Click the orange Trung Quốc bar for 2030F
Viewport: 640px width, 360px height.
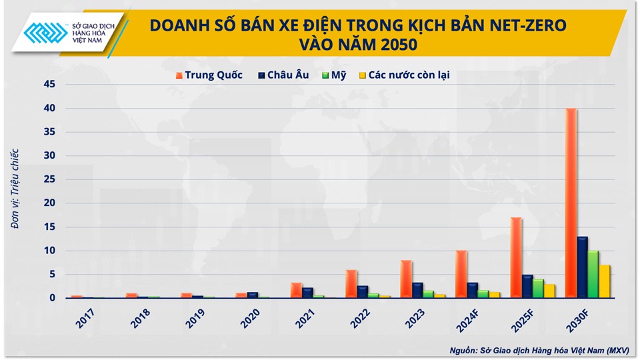pyautogui.click(x=571, y=203)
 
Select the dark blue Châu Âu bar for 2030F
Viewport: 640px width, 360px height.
pyautogui.click(x=582, y=267)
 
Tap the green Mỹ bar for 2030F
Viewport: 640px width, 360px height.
pyautogui.click(x=593, y=275)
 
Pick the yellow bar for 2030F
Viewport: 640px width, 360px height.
pyautogui.click(x=605, y=281)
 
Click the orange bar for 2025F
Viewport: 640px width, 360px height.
pyautogui.click(x=516, y=257)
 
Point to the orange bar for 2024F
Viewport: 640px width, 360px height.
pyautogui.click(x=461, y=274)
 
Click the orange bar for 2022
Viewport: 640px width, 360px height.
pyautogui.click(x=351, y=284)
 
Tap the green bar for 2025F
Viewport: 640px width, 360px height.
pyautogui.click(x=539, y=289)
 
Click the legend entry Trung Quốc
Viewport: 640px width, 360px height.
pyautogui.click(x=209, y=75)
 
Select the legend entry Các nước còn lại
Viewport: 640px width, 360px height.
pyautogui.click(x=404, y=75)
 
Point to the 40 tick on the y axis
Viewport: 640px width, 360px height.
pyautogui.click(x=50, y=108)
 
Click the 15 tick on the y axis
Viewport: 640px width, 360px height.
pyautogui.click(x=50, y=227)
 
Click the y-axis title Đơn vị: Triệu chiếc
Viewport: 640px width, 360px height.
pyautogui.click(x=15, y=189)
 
